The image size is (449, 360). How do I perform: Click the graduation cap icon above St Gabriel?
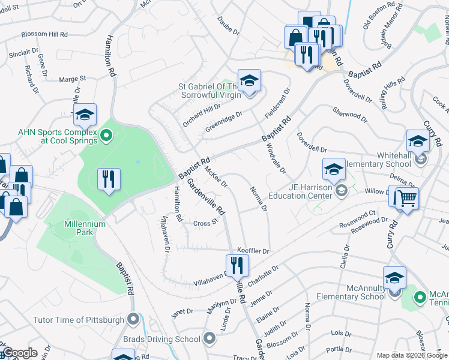(x=249, y=80)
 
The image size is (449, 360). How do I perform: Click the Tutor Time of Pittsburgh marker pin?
(x=133, y=319)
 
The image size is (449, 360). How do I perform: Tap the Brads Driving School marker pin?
(x=209, y=339)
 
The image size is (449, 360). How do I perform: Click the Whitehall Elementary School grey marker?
(x=421, y=158)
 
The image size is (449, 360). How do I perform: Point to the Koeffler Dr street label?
(x=253, y=250)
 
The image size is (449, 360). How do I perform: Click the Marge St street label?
(x=73, y=79)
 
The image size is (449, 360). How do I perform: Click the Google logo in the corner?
(x=20, y=353)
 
